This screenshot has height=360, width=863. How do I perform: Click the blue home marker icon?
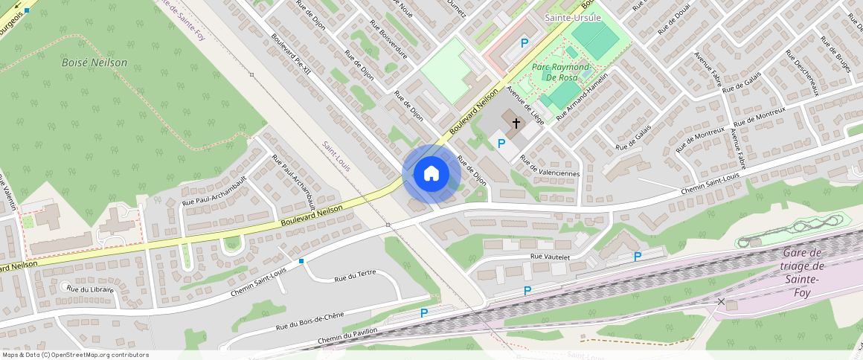[431, 174]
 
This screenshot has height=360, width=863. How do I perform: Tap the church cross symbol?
[516, 121]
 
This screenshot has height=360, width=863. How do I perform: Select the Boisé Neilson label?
[94, 63]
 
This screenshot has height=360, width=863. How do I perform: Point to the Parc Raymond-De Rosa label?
[562, 72]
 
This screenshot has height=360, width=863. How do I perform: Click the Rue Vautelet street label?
[550, 257]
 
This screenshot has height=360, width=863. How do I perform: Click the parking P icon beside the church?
[501, 143]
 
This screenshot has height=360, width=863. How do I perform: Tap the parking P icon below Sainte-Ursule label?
[524, 44]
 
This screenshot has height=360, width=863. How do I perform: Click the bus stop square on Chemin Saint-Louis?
[301, 261]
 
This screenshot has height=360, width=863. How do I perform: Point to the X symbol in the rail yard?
[720, 301]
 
